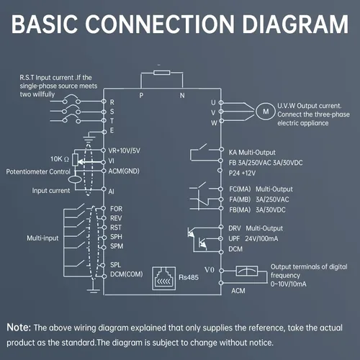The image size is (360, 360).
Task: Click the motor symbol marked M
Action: (266, 112)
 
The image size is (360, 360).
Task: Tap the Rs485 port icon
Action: (164, 279)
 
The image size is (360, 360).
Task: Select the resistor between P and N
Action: (162, 73)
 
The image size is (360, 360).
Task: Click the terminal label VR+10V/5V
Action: (124, 150)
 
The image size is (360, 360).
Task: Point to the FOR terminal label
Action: (116, 209)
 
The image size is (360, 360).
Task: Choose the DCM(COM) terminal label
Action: (126, 274)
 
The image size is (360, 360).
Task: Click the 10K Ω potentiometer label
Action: (60, 159)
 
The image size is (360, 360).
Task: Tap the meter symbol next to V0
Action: (247, 271)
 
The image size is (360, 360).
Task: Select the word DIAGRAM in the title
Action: (295, 24)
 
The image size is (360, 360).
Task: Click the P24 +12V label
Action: (242, 173)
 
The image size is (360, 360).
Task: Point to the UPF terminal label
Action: (234, 239)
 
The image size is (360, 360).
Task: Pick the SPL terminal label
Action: (115, 265)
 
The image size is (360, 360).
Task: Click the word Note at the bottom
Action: (19, 328)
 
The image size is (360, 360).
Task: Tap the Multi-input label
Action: (42, 238)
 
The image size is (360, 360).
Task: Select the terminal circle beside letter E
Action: (104, 132)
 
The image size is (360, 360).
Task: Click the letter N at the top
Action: (182, 96)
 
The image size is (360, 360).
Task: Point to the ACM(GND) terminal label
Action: (124, 171)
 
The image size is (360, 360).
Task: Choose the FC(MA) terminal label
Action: (240, 189)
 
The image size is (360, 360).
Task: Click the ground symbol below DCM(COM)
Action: (94, 289)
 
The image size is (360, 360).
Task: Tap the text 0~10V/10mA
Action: (289, 284)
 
